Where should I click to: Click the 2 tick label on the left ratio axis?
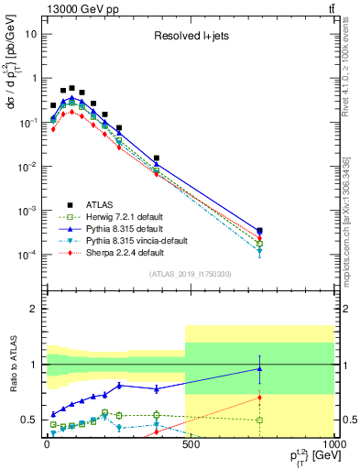[33, 310]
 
